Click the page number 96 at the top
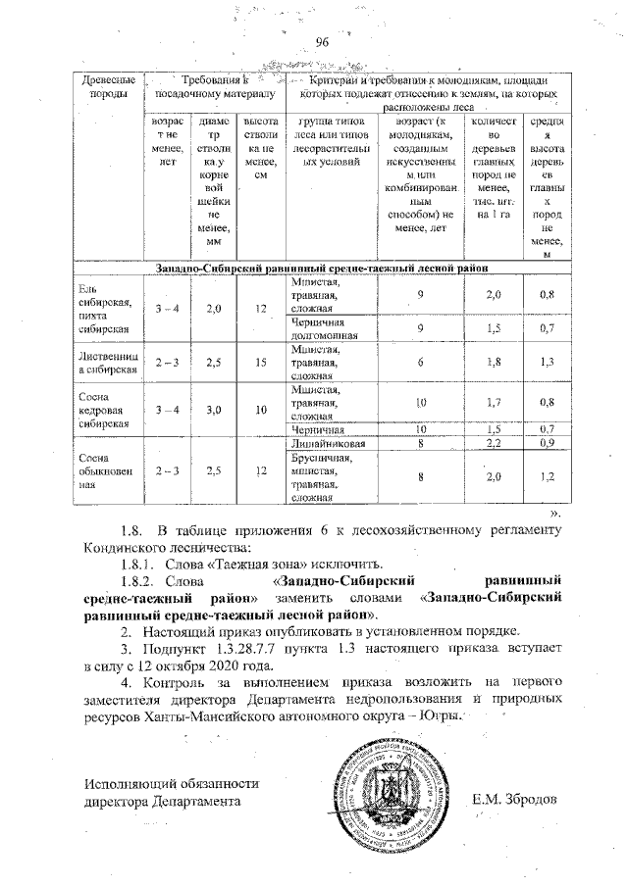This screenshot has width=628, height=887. point(321,41)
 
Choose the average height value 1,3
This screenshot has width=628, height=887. point(547,361)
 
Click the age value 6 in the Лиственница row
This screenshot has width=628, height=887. point(419,361)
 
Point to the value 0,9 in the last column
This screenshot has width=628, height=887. point(547,444)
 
